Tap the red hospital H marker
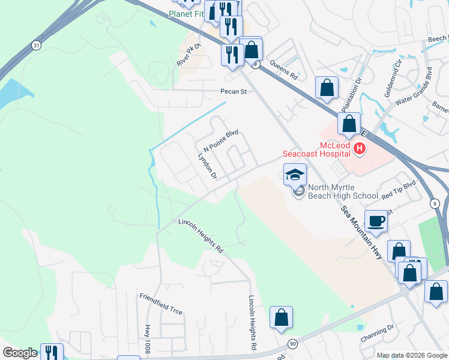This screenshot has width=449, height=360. tap(360, 148)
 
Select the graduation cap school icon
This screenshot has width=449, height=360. tap(295, 175)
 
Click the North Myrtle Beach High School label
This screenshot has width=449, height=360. tap(343, 191)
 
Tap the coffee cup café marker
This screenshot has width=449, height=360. tap(376, 221)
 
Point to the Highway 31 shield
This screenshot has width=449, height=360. tap(37, 45)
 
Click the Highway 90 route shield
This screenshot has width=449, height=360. tap(292, 343)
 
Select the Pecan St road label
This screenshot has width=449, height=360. tap(234, 92)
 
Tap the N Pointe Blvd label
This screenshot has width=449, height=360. tap(221, 141)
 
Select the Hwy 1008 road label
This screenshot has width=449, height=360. tap(147, 339)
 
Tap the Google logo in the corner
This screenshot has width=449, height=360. tap(20, 353)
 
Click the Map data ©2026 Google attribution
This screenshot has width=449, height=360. tap(411, 355)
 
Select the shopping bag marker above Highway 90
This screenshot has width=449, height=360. tap(281, 318)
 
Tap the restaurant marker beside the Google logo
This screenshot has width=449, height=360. tap(52, 352)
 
